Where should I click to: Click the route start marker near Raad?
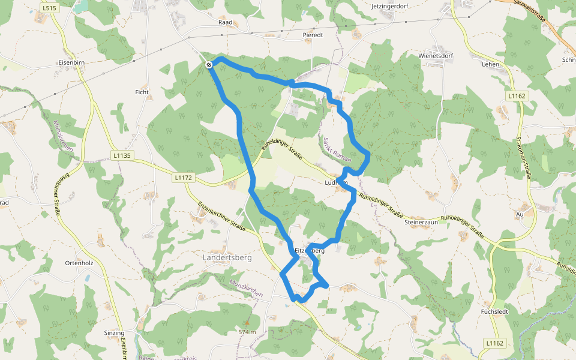(209, 65)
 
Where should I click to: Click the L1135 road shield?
(122, 155)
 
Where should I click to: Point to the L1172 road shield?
(183, 178)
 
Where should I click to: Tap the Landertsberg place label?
(229, 257)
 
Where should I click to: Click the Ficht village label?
(142, 92)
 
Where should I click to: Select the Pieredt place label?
(313, 35)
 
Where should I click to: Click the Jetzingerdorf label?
(393, 6)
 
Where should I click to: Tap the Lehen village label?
(490, 63)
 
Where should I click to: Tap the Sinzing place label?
(114, 332)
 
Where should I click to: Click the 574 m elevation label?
(247, 332)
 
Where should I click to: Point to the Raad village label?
(225, 21)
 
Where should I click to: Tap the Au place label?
(520, 214)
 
